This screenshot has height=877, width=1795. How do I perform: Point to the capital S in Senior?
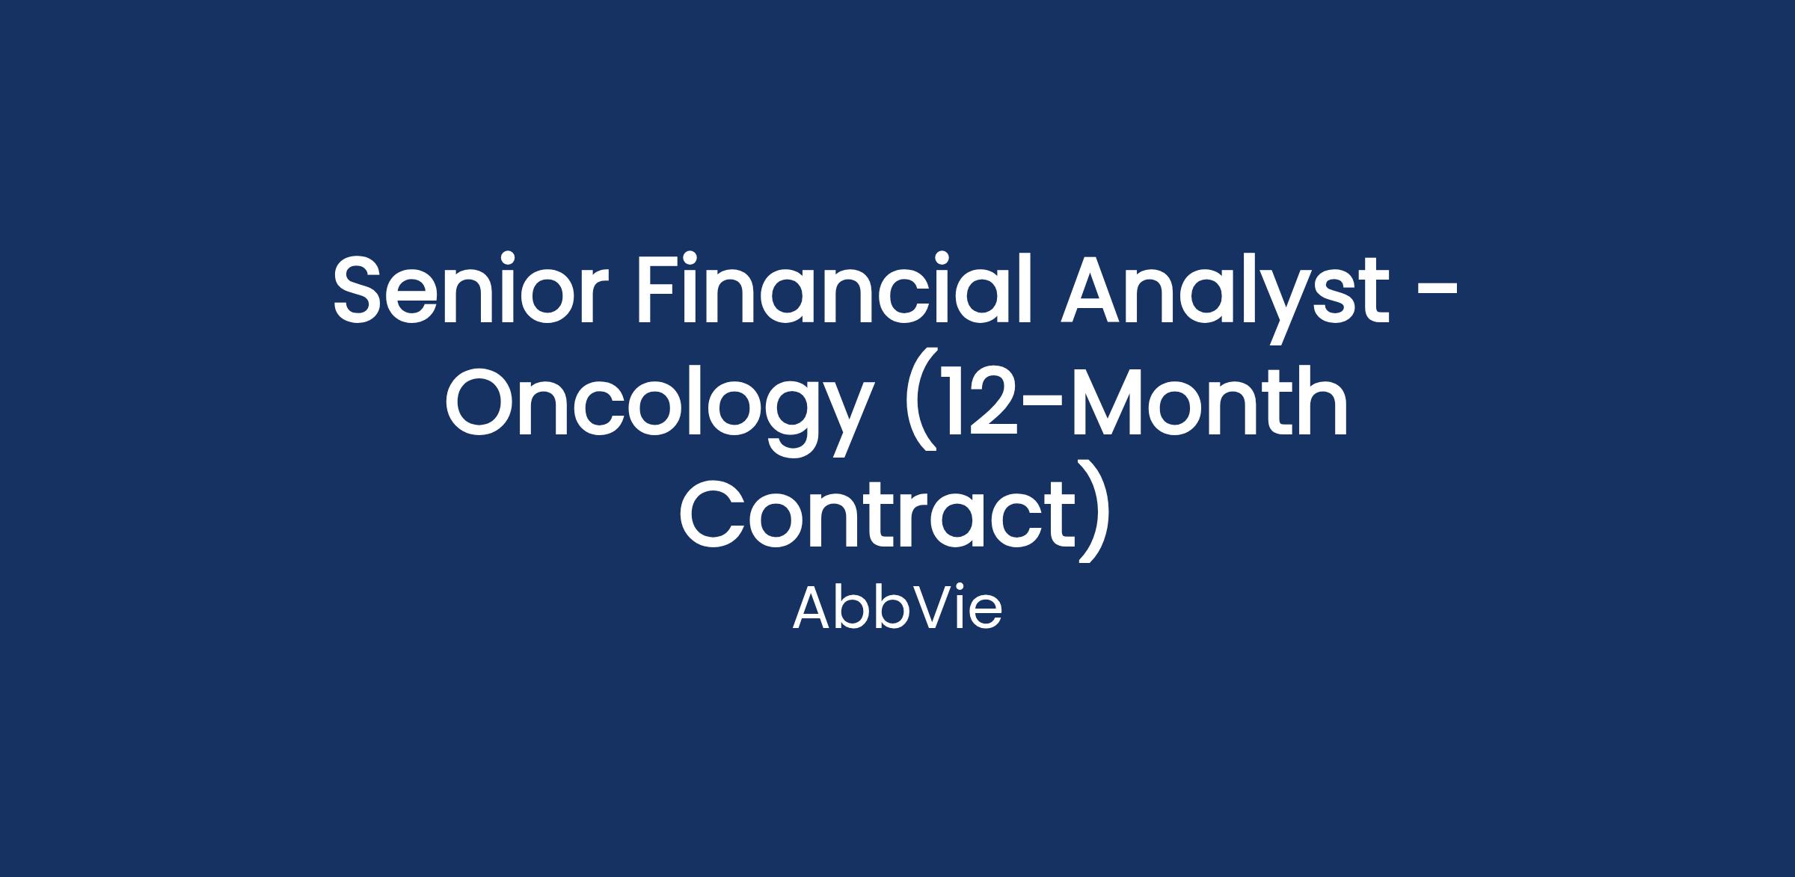click(361, 289)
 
